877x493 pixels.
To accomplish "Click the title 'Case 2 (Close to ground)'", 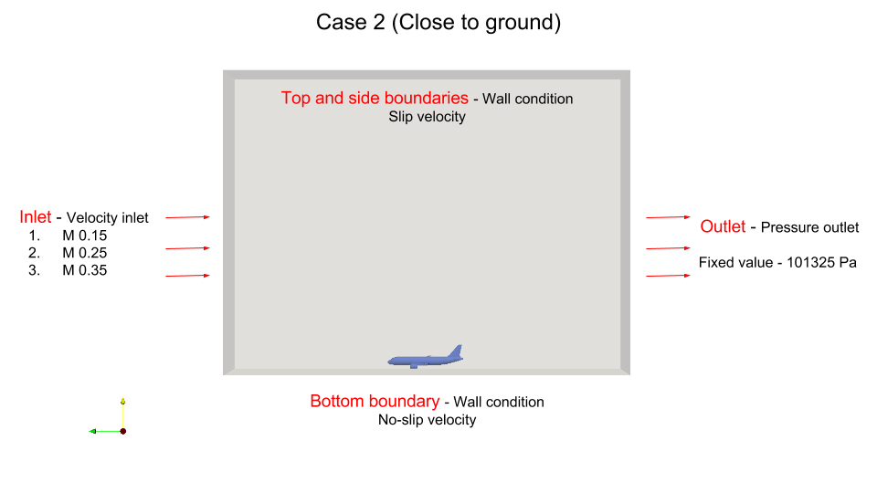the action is pyautogui.click(x=438, y=22).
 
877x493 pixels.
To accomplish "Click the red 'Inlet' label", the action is pyautogui.click(x=36, y=217).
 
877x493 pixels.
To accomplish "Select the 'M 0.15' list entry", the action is pyautogui.click(x=84, y=236).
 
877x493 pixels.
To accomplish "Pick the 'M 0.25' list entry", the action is pyautogui.click(x=84, y=253).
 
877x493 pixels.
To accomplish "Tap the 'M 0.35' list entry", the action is pyautogui.click(x=84, y=270).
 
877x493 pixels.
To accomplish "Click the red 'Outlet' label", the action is pyautogui.click(x=723, y=226).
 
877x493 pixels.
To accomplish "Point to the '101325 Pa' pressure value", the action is pyautogui.click(x=821, y=263).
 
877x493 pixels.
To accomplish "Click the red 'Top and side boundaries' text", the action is pyautogui.click(x=375, y=98).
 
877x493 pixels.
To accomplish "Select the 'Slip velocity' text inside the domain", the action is pyautogui.click(x=428, y=117).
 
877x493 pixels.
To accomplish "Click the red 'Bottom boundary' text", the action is pyautogui.click(x=375, y=402).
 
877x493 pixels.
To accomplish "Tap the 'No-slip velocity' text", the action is pyautogui.click(x=428, y=420).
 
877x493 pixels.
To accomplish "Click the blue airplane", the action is pyautogui.click(x=426, y=357).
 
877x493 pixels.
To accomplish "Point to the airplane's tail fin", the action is pyautogui.click(x=456, y=351).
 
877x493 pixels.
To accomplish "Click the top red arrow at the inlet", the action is pyautogui.click(x=188, y=217).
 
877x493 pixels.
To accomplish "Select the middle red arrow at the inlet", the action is pyautogui.click(x=188, y=248).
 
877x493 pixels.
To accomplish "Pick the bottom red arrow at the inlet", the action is pyautogui.click(x=188, y=276).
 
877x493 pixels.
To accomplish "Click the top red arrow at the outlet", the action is pyautogui.click(x=669, y=217).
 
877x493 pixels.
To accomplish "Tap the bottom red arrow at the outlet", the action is pyautogui.click(x=669, y=276).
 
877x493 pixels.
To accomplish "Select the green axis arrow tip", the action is pyautogui.click(x=90, y=431).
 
